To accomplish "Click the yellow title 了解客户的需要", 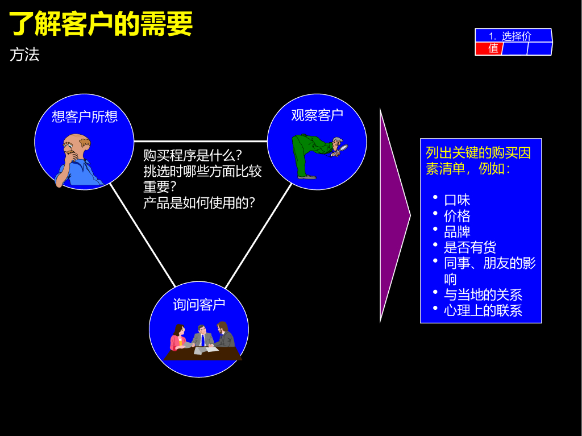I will pos(101,24).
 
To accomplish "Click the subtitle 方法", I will pos(24,55).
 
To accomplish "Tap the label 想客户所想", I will pos(85,117).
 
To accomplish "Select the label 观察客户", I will pos(317,115).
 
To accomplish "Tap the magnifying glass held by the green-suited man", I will pos(344,150).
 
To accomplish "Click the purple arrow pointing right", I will pos(393,215).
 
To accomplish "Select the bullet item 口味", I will pos(457,200).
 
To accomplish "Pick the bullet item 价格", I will pos(457,216).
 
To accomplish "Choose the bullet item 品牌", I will pos(457,231).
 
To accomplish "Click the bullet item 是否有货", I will pos(470,247).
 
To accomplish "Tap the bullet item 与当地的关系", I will pos(483,294).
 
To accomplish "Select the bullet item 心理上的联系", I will pos(483,310).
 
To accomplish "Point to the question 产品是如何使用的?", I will pos(199,202).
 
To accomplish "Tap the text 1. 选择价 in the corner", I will pos(510,36).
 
